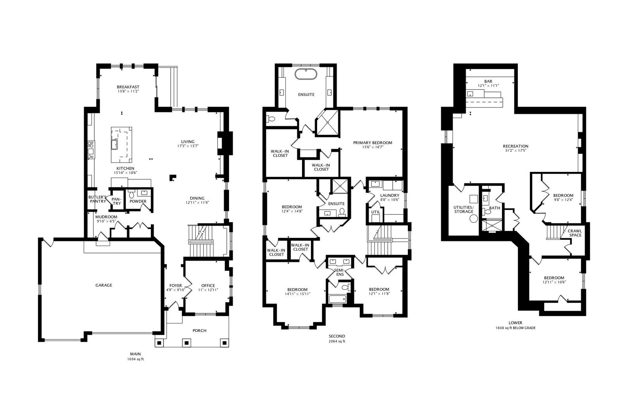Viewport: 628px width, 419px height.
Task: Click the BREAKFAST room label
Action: (128, 87)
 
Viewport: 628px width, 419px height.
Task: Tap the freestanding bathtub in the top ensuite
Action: (306, 74)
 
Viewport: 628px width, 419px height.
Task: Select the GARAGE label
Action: (104, 285)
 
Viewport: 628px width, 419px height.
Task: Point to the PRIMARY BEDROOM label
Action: (373, 142)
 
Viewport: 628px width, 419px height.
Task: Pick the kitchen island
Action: (121, 145)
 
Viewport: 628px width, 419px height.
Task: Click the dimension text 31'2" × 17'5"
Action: (516, 151)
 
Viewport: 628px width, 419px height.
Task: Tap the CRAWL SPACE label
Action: (575, 233)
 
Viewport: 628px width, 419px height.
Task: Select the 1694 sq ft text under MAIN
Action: (135, 359)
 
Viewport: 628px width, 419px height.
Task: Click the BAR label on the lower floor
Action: (488, 81)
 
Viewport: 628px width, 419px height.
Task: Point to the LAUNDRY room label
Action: (390, 195)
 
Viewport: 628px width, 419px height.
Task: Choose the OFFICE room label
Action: (208, 286)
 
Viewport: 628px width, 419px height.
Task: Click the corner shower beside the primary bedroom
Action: (327, 123)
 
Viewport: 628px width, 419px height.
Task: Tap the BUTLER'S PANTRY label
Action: (97, 199)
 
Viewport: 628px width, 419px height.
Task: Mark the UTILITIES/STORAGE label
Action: (464, 209)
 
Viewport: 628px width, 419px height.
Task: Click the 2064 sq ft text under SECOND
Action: (337, 341)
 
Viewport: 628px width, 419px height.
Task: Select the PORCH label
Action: (199, 331)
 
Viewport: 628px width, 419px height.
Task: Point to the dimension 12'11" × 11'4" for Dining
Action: (197, 203)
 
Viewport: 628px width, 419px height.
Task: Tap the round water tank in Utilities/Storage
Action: (474, 219)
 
